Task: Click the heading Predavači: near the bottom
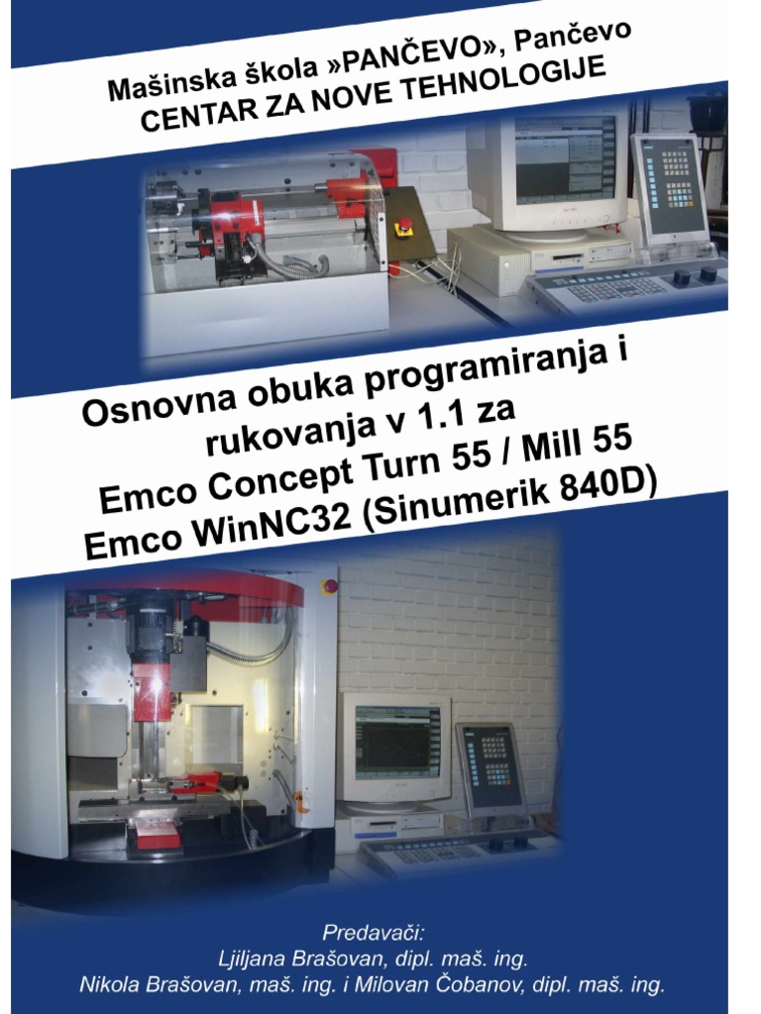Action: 373,933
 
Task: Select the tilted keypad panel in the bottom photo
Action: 489,768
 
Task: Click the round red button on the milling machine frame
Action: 330,585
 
